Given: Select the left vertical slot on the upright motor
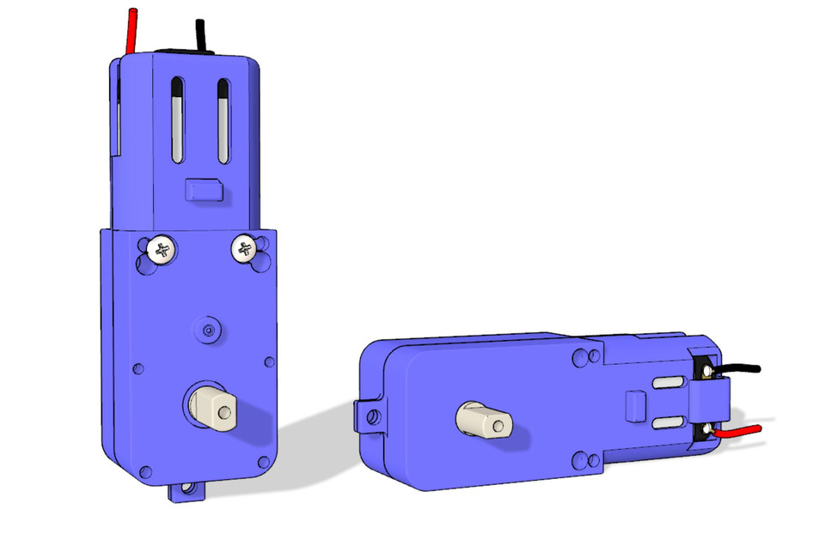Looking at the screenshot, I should pos(177,120).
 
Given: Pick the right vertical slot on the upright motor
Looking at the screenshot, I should pos(223,120).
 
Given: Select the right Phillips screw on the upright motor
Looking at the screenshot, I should pos(244,249).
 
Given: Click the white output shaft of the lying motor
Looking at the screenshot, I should pos(484,421).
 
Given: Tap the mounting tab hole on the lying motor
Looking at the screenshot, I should pos(371,418).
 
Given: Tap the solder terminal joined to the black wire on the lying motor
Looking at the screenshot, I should pos(706,370).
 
